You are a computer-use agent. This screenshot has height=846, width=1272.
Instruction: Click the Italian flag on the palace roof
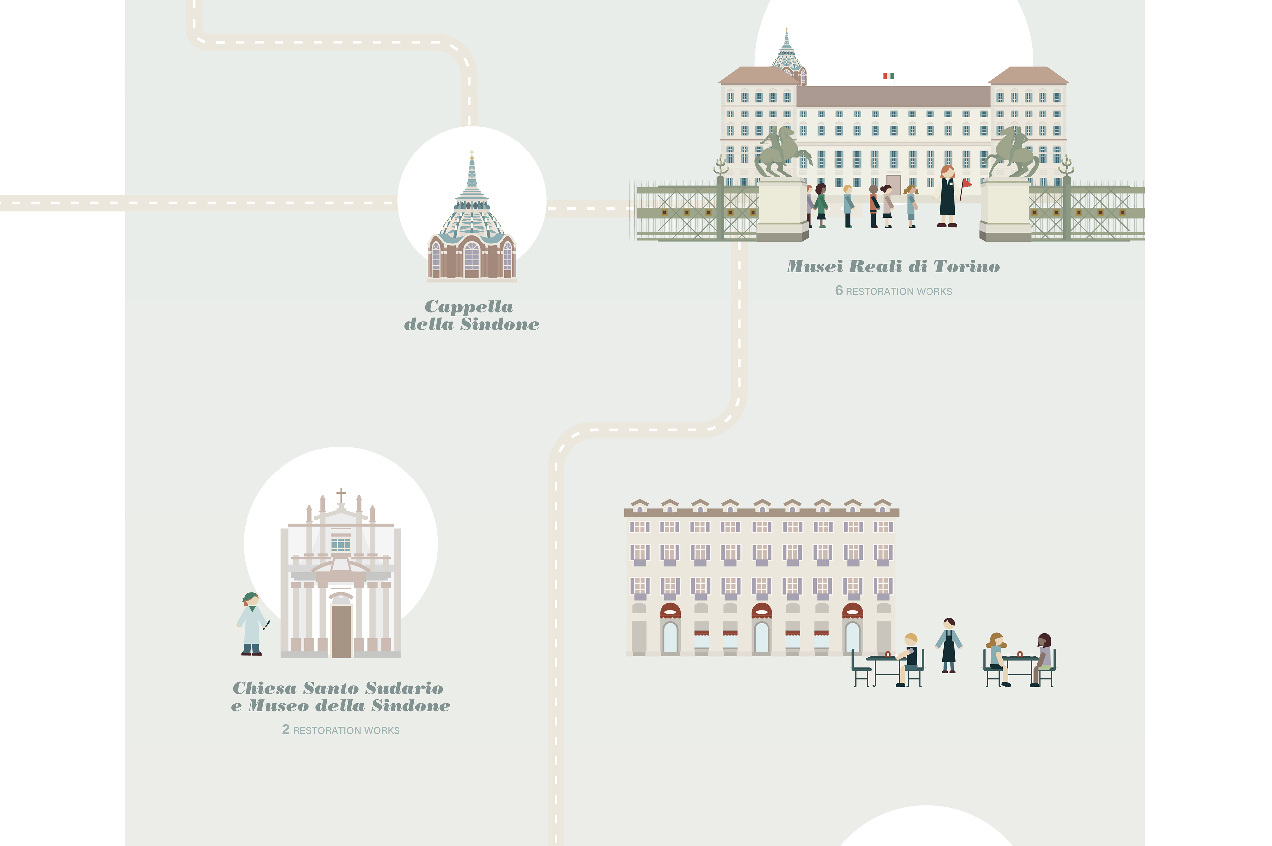pos(888,76)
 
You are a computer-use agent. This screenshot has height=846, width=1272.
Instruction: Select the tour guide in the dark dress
pos(947,197)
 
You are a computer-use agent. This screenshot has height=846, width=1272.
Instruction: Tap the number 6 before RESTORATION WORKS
pos(838,291)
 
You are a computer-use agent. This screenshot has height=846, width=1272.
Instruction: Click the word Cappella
pos(469,307)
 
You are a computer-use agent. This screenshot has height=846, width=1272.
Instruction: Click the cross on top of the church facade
pos(341,494)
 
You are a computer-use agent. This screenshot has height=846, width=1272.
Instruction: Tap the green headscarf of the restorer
pos(250,597)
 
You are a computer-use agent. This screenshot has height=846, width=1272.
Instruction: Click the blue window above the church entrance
pos(341,542)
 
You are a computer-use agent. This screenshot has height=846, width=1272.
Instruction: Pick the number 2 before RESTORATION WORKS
pos(285,729)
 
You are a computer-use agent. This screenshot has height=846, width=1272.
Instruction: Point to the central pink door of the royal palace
pos(893,184)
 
